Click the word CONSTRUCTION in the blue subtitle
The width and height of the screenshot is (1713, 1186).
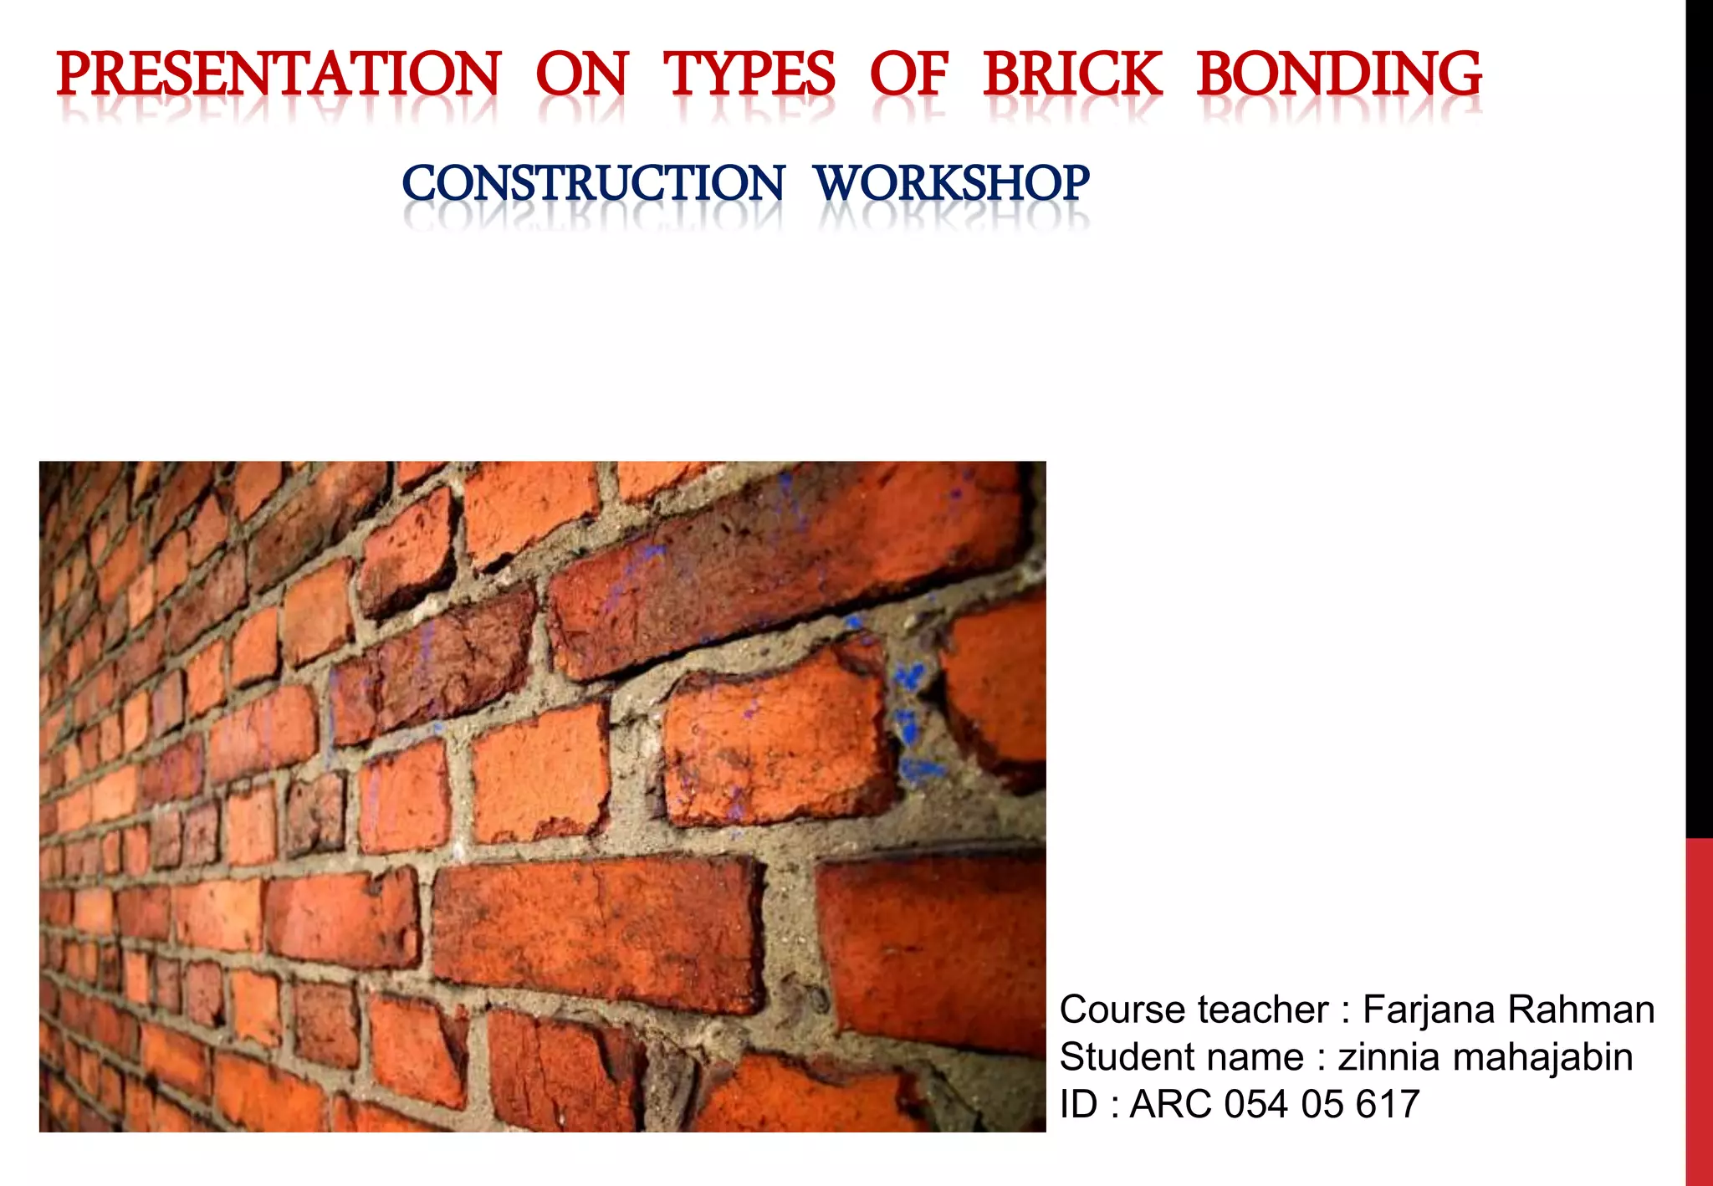click(x=593, y=183)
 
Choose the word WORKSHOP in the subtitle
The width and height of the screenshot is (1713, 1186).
click(x=952, y=183)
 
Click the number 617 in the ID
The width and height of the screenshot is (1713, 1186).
click(x=1388, y=1104)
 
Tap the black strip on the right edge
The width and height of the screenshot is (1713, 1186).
click(x=1699, y=418)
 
